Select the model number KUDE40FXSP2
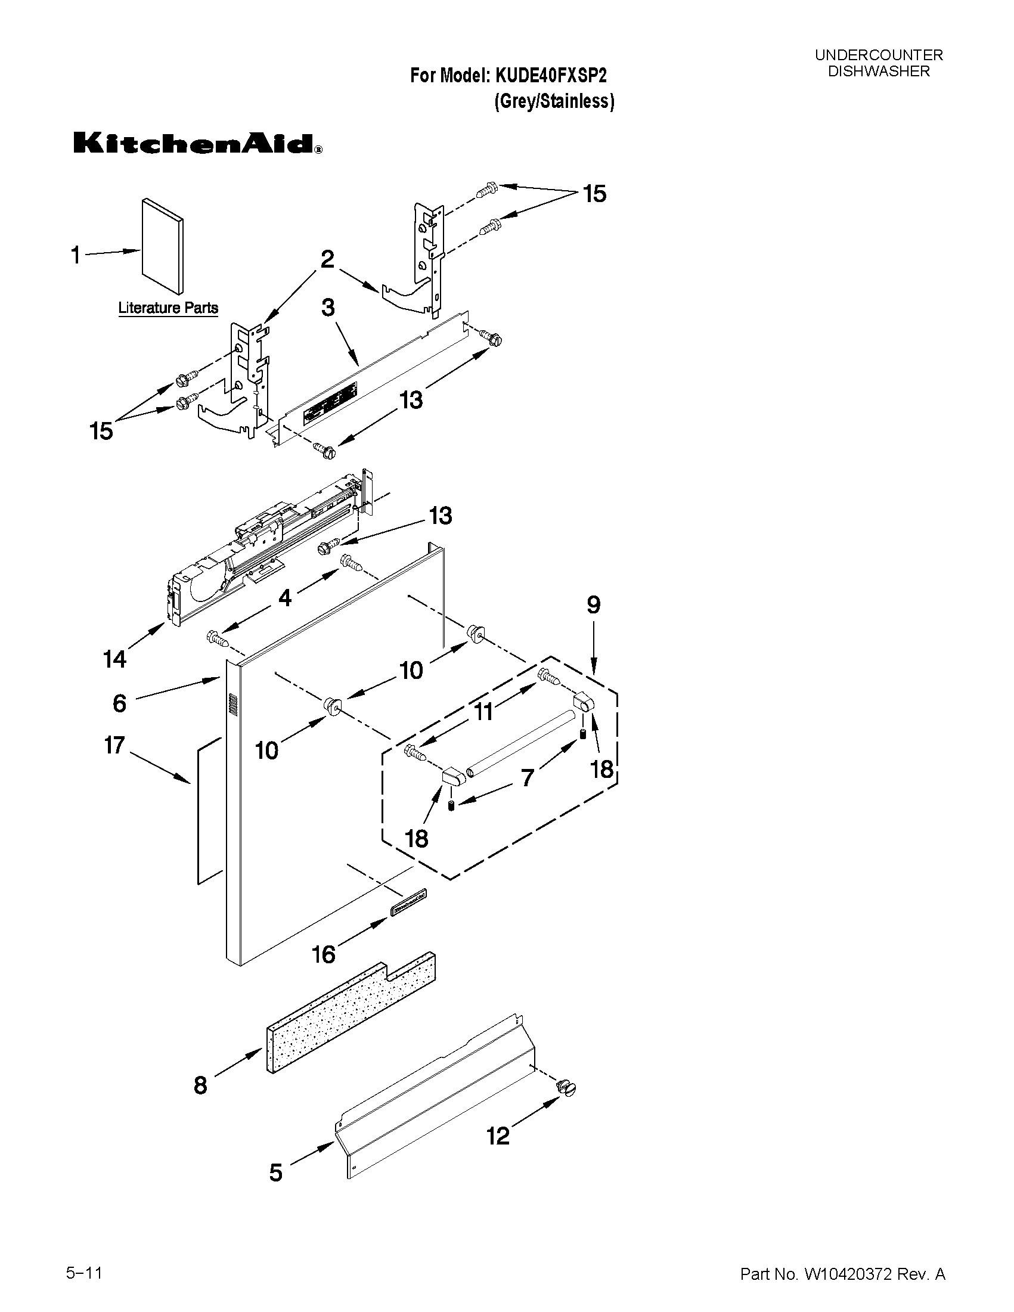coord(550,76)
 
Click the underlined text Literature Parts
coord(168,308)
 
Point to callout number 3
coord(328,308)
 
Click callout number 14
coord(114,659)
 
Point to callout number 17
coord(114,746)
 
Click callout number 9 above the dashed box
coord(593,605)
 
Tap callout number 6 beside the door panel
coord(120,702)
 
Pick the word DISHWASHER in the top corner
coord(878,71)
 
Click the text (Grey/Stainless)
coord(554,101)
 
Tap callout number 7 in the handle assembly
coord(528,778)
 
